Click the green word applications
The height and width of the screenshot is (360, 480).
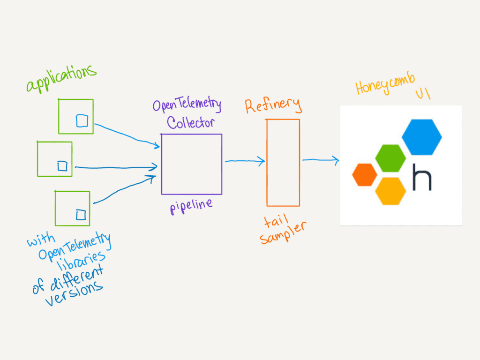pos(61,79)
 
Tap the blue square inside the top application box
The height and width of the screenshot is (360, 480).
pos(82,121)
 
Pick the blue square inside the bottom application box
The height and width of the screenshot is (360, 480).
pos(81,215)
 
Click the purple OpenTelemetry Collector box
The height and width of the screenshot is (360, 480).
pos(191,164)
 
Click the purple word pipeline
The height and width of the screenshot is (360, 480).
pos(191,206)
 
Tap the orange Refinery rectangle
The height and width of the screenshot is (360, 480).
pos(283,163)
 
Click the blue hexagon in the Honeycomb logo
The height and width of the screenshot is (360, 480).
pos(421,137)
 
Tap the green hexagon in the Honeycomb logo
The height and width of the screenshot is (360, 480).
pos(390,158)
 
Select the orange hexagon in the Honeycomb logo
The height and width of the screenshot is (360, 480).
pos(365,174)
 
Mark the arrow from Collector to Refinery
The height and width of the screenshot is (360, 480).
pos(245,162)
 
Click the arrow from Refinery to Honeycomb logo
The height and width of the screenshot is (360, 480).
pos(321,161)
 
